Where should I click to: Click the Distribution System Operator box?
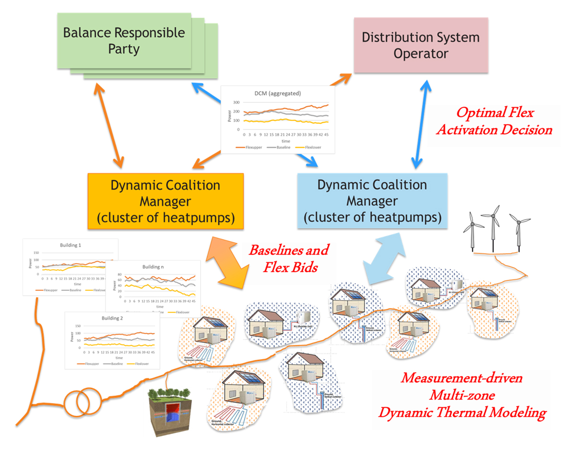pyautogui.click(x=421, y=45)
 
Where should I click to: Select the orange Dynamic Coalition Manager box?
pyautogui.click(x=165, y=201)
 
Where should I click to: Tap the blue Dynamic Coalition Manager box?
pyautogui.click(x=373, y=201)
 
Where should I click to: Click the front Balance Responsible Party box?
pyautogui.click(x=124, y=40)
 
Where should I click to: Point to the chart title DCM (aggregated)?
pyautogui.click(x=278, y=93)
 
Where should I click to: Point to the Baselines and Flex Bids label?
pyautogui.click(x=288, y=258)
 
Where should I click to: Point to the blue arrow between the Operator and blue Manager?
pyautogui.click(x=418, y=125)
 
